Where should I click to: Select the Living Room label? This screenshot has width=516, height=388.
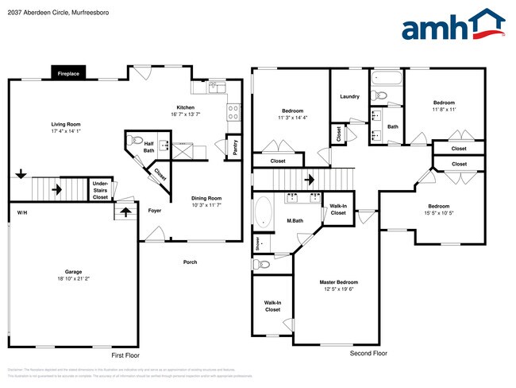[x=66, y=124]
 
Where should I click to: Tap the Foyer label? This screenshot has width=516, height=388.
[x=156, y=210]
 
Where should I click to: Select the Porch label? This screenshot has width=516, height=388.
[x=190, y=262]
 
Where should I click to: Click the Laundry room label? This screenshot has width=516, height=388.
[x=349, y=97]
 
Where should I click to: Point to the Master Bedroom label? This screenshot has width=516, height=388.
[x=338, y=282]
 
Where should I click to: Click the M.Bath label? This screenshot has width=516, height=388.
[x=295, y=220]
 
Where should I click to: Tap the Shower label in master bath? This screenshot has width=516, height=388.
[x=257, y=243]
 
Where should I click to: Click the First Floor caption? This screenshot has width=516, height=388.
[x=125, y=355]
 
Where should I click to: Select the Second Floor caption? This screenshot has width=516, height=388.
[x=368, y=352]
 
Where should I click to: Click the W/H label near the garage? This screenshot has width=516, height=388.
[x=21, y=212]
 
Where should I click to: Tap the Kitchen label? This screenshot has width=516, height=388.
[x=185, y=107]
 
